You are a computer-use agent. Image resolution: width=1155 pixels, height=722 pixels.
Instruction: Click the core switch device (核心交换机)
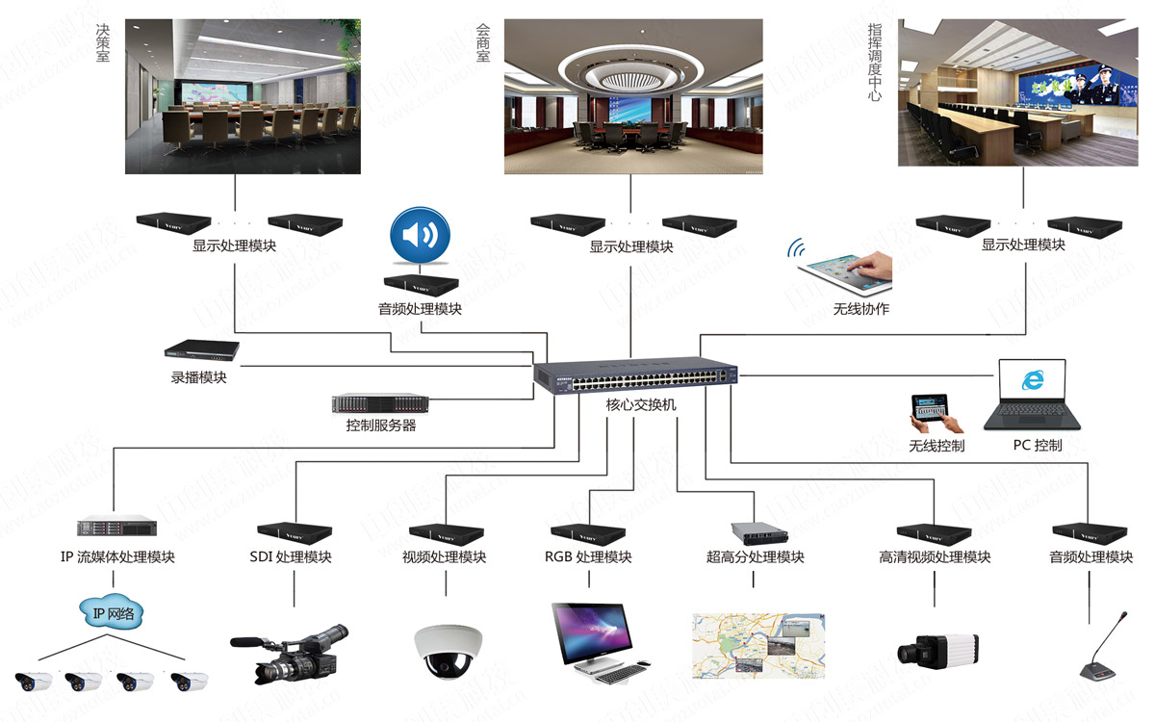point(636,375)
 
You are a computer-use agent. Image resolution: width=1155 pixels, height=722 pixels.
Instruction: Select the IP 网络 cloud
point(113,613)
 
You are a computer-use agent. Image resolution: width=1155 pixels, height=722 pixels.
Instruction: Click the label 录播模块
point(199,378)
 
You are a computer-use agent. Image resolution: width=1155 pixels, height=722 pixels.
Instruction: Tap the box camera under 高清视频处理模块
point(937,650)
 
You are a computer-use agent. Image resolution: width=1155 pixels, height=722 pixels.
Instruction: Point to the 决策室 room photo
point(243,96)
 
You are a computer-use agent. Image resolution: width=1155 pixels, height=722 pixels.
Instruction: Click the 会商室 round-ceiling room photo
point(633,96)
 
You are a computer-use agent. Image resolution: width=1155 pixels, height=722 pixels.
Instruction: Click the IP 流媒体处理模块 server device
point(116,527)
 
